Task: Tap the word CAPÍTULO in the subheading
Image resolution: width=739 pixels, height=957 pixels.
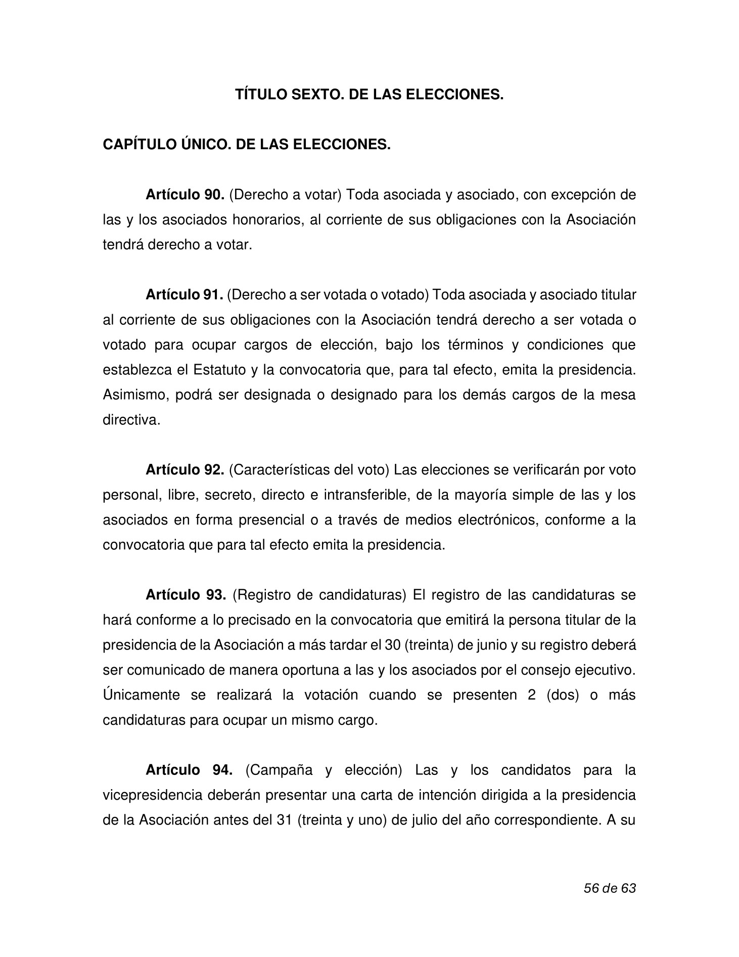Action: [x=135, y=145]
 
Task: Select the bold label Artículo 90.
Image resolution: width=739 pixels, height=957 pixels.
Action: [x=184, y=195]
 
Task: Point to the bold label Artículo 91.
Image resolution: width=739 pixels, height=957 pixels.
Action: [x=184, y=295]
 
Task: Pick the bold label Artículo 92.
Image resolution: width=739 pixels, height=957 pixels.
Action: [x=184, y=470]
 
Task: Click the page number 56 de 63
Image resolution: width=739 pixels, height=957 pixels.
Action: [x=609, y=888]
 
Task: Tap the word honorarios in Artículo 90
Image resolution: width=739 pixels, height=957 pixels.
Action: [x=265, y=220]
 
